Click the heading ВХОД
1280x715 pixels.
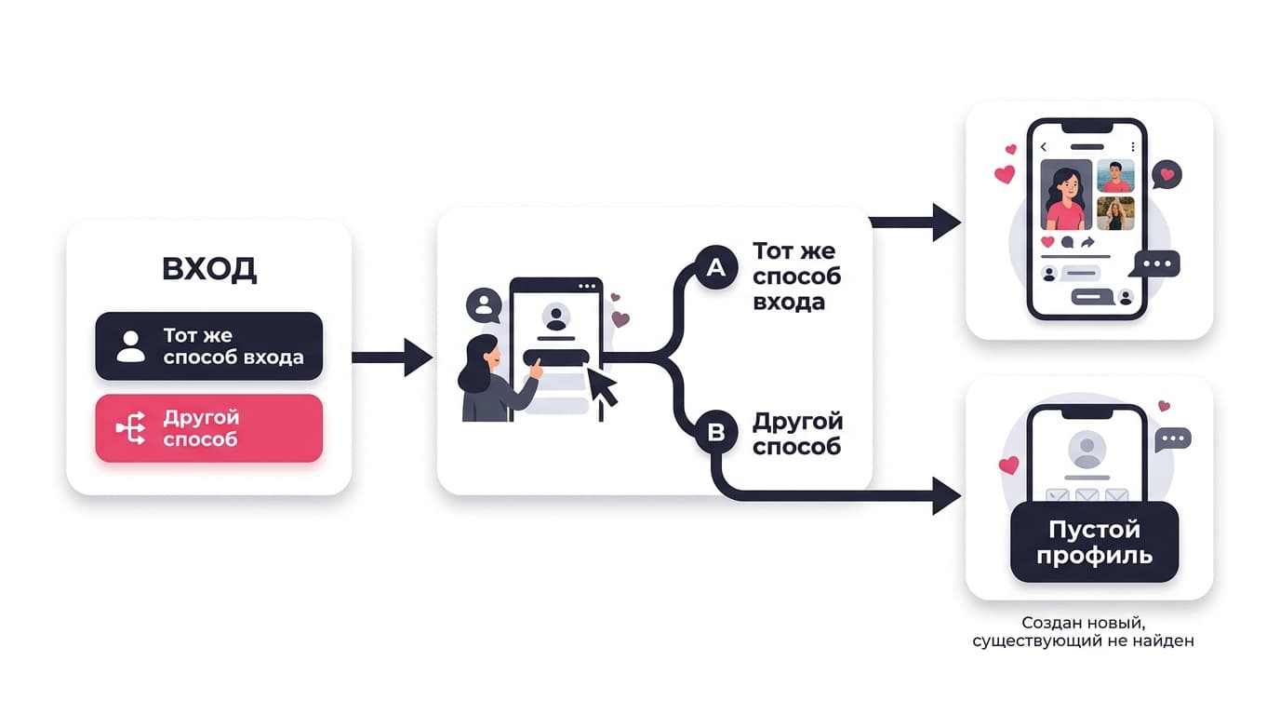209,268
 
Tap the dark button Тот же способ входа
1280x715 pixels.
209,346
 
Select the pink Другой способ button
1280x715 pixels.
209,428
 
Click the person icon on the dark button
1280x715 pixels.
131,346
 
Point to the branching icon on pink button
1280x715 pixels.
131,428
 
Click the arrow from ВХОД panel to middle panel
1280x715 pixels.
392,357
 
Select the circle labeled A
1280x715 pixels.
716,268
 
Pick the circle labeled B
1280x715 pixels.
716,432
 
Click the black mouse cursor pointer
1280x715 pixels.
602,386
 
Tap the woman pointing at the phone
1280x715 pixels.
497,379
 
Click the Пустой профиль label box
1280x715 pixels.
1094,542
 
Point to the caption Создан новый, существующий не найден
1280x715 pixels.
1084,631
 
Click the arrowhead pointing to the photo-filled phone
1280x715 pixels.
946,222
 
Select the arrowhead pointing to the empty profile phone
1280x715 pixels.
946,495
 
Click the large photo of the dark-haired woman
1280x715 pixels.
1066,195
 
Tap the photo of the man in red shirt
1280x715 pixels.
1116,176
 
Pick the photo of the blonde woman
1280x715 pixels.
1116,213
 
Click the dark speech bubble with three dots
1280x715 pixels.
1156,264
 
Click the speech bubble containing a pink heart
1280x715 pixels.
1167,174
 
